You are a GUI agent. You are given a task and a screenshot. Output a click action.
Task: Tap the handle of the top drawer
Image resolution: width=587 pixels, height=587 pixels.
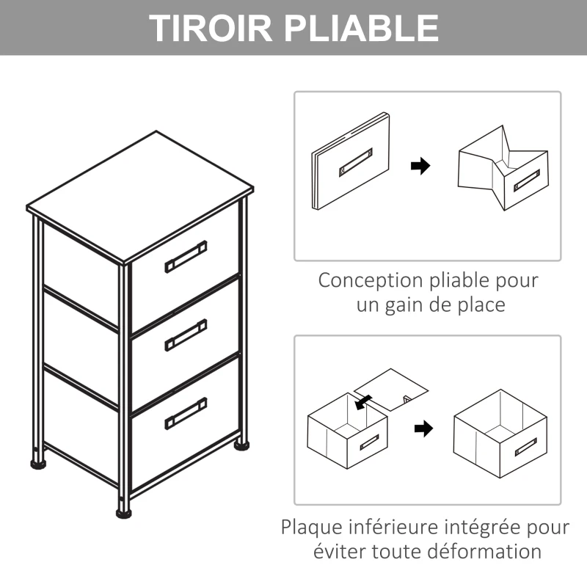186,255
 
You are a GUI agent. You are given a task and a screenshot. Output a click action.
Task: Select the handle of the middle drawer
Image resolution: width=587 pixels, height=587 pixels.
186,335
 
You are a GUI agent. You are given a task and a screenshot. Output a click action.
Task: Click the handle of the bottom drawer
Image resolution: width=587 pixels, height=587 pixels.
186,412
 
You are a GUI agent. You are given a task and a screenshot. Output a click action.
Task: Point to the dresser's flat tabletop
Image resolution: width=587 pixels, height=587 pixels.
139,194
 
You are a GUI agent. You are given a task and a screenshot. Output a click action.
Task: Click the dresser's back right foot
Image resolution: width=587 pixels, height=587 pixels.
241,443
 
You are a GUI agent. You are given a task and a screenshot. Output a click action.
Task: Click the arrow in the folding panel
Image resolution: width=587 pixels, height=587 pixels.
420,167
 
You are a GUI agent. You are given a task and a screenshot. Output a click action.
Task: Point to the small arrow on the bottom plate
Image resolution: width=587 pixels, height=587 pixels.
362,401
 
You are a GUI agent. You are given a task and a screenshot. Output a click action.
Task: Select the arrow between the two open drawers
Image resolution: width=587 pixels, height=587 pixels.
423,429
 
